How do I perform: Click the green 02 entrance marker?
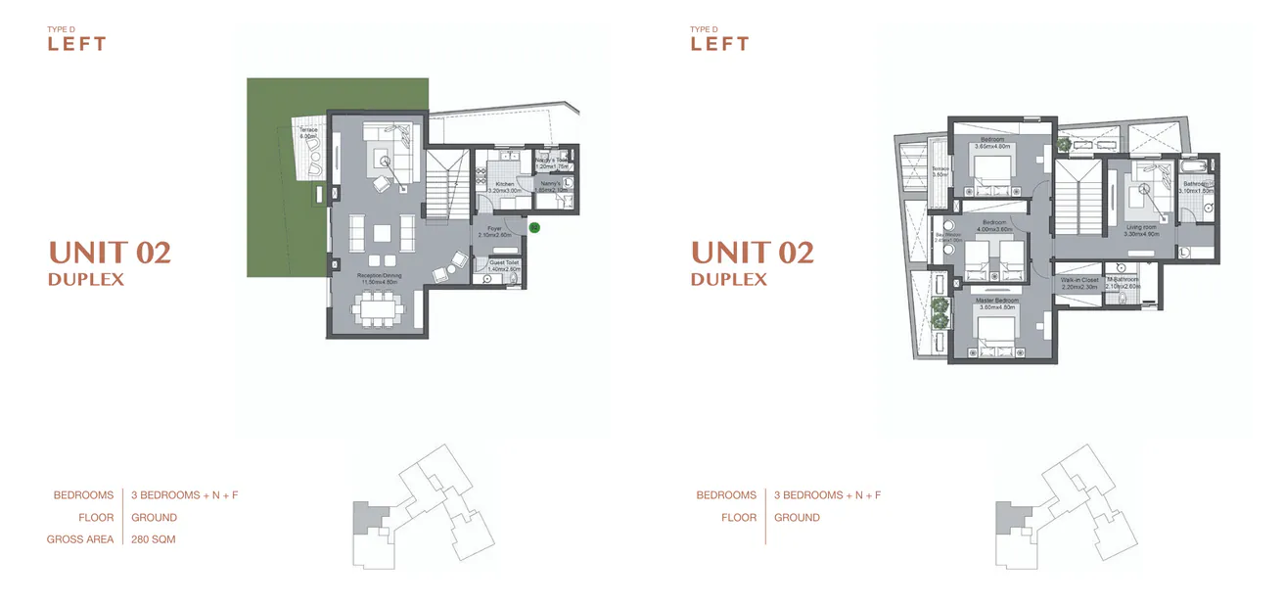[534, 227]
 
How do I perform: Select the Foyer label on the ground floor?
[494, 232]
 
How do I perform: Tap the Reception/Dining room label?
[378, 278]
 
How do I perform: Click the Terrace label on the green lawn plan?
[307, 133]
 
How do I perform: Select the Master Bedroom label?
[997, 303]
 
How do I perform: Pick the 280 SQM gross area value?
[154, 539]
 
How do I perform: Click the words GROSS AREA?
[80, 539]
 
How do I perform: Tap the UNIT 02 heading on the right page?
[752, 253]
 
